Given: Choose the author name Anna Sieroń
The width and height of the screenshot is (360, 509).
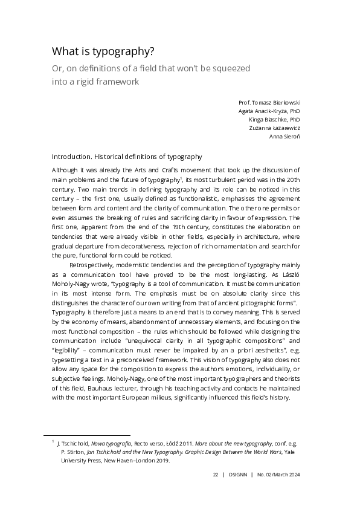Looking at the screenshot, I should coord(284,137).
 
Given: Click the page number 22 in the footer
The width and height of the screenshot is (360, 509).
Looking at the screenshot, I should coord(215,475).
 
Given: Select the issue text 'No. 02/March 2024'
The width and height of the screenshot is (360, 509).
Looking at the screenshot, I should coord(278,475).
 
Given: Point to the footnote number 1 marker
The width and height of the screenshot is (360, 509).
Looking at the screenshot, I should coord(53,442).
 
